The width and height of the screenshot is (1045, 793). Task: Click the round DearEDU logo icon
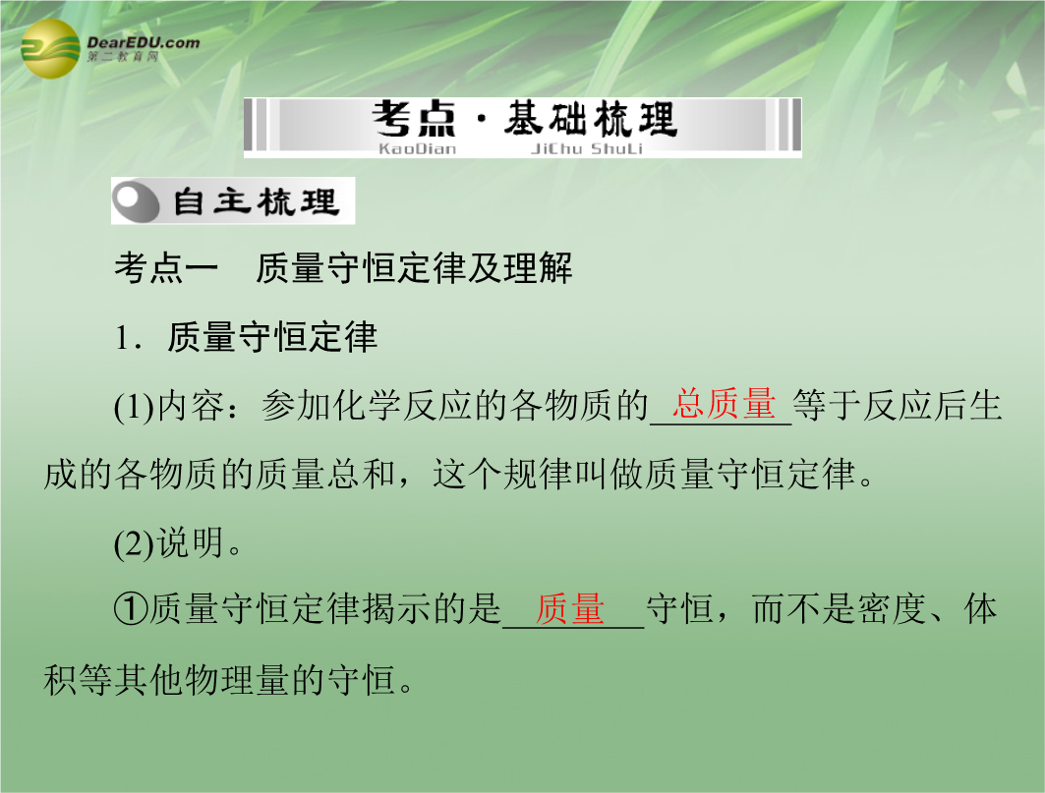pos(50,48)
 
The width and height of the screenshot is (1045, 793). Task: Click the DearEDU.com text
pos(144,42)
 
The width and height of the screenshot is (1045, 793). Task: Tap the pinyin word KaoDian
pos(417,148)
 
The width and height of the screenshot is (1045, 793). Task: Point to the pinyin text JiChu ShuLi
pos(587,148)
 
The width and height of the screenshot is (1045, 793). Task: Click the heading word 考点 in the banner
pos(415,120)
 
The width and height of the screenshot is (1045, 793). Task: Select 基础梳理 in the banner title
pos(591,120)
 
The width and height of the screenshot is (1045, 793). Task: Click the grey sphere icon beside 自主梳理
pos(136,200)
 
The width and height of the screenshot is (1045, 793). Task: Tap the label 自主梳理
pos(256,201)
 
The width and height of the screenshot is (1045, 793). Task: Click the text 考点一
pos(166,268)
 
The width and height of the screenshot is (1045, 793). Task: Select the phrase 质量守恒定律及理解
pos(414,268)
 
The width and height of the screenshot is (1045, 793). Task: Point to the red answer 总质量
pos(724,404)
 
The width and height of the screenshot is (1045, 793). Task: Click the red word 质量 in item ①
pos(570,609)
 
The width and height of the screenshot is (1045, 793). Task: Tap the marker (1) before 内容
pos(134,407)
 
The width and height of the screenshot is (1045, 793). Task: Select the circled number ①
pos(131,609)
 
